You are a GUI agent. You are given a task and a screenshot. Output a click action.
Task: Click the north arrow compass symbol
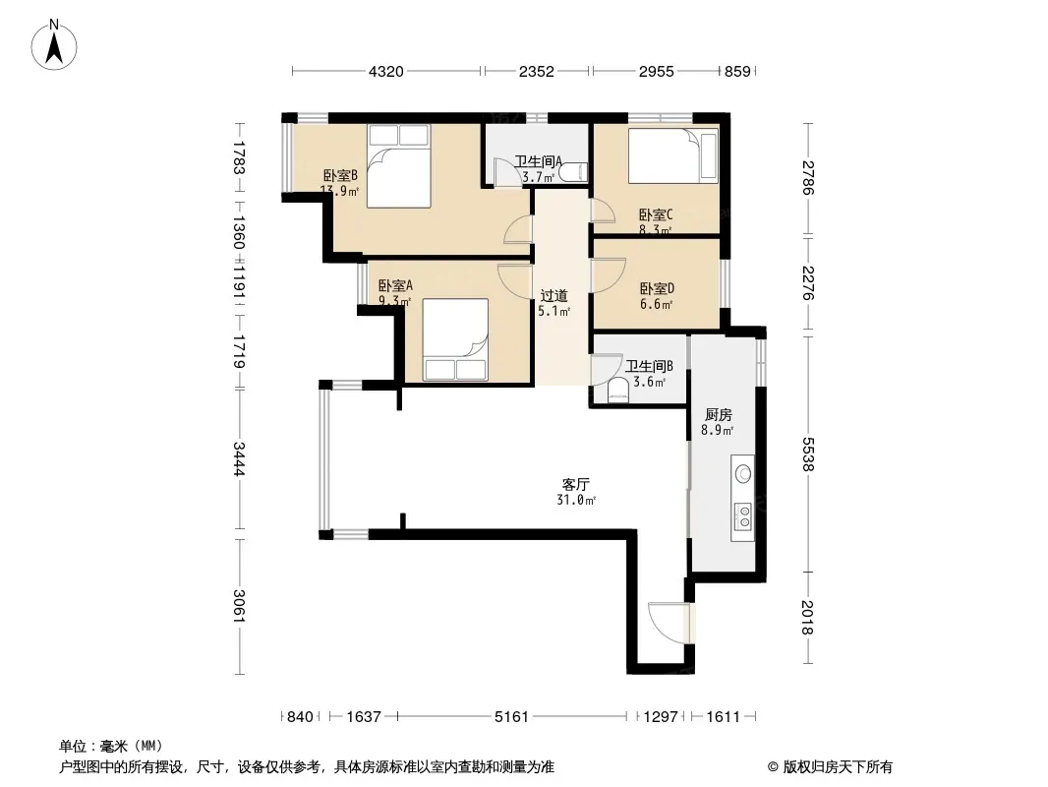[x=54, y=45]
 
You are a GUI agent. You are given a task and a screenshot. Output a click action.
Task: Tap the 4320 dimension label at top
[x=386, y=71]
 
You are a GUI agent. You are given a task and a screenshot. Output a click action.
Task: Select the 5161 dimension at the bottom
[x=511, y=717]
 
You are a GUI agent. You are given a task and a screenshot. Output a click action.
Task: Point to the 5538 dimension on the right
[x=809, y=454]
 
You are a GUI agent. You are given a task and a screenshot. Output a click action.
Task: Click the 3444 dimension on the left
[x=239, y=458]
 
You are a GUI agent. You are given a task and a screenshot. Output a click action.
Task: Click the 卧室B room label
[x=340, y=176]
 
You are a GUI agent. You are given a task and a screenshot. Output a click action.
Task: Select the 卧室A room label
[x=395, y=285]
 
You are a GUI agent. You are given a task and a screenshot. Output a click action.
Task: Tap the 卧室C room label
[x=656, y=214]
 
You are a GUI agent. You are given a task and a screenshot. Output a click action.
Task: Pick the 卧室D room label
[x=657, y=289]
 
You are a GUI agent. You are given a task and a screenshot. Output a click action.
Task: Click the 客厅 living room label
[x=575, y=484]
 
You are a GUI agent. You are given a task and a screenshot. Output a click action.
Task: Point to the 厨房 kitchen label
[x=719, y=414]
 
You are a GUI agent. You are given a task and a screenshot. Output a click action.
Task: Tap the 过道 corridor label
[x=554, y=295]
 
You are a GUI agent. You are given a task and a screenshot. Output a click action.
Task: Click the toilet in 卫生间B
[x=619, y=392]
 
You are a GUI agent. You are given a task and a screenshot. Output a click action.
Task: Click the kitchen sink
[x=743, y=474]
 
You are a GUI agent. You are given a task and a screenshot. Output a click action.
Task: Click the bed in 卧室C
[x=672, y=155]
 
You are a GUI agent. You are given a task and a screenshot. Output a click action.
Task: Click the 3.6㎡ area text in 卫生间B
[x=650, y=383]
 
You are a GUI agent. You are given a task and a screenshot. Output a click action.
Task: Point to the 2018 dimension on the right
[x=809, y=618]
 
